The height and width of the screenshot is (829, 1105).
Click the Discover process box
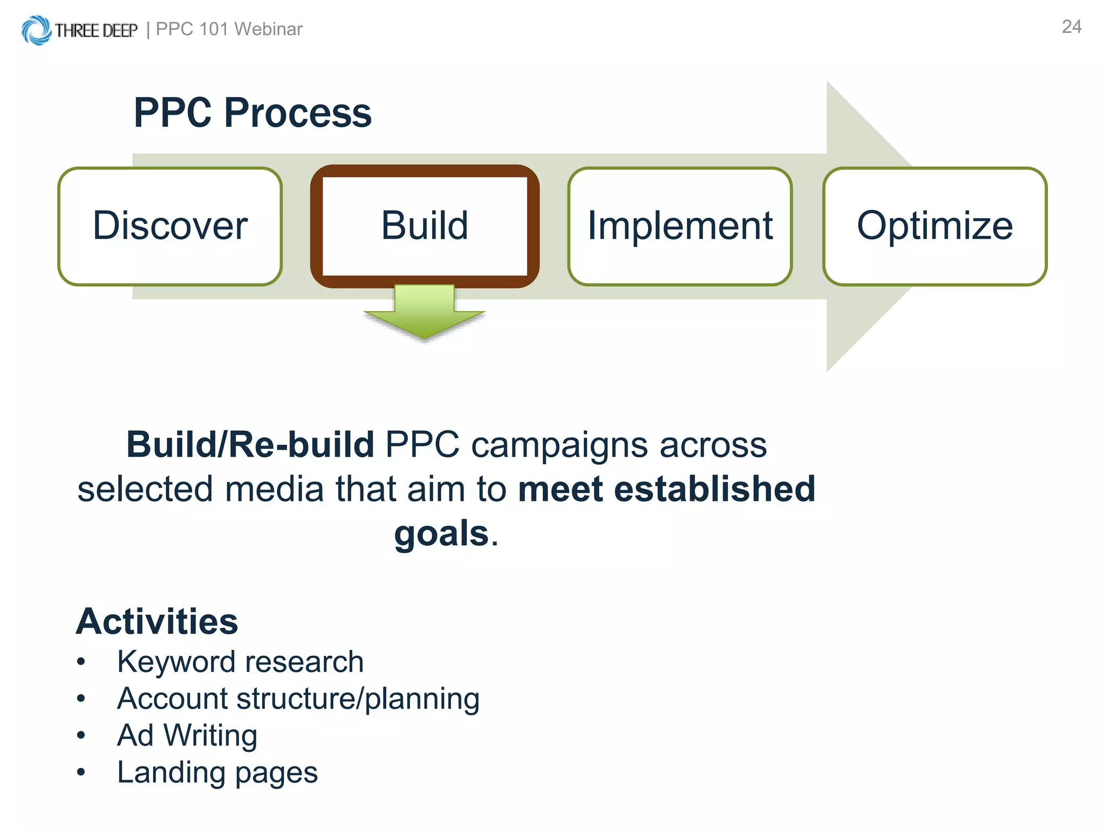pyautogui.click(x=170, y=226)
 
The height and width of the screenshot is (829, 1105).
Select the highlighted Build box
pyautogui.click(x=425, y=226)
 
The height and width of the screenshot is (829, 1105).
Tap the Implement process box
pyautogui.click(x=680, y=226)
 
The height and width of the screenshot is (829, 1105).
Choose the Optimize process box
pyautogui.click(x=935, y=226)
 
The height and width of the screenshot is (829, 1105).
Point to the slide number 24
pyautogui.click(x=1072, y=27)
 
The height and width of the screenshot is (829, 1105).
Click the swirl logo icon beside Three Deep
pyautogui.click(x=36, y=30)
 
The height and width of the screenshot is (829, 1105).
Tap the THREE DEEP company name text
pyautogui.click(x=96, y=31)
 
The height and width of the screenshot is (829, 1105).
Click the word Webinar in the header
pyautogui.click(x=268, y=29)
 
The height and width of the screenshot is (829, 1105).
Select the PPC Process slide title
pyautogui.click(x=253, y=113)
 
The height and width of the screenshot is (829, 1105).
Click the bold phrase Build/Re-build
pyautogui.click(x=250, y=445)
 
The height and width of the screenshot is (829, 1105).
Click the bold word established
pyautogui.click(x=714, y=489)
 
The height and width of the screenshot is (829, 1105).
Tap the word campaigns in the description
pyautogui.click(x=559, y=446)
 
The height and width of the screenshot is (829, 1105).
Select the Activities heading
pyautogui.click(x=157, y=622)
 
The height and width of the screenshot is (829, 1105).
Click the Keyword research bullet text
pyautogui.click(x=240, y=662)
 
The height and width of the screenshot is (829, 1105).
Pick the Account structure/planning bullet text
pyautogui.click(x=298, y=698)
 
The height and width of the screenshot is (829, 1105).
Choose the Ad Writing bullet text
pyautogui.click(x=187, y=736)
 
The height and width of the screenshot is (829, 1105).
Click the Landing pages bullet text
pyautogui.click(x=217, y=772)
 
